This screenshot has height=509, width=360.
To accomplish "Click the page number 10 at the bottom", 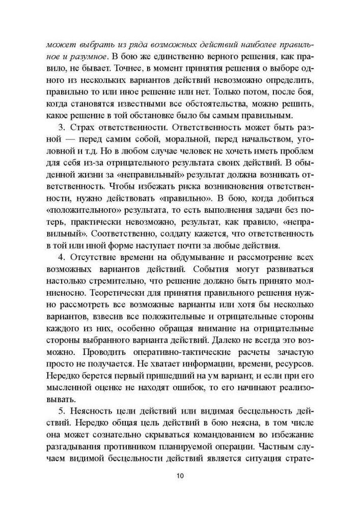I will tap(180, 475).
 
